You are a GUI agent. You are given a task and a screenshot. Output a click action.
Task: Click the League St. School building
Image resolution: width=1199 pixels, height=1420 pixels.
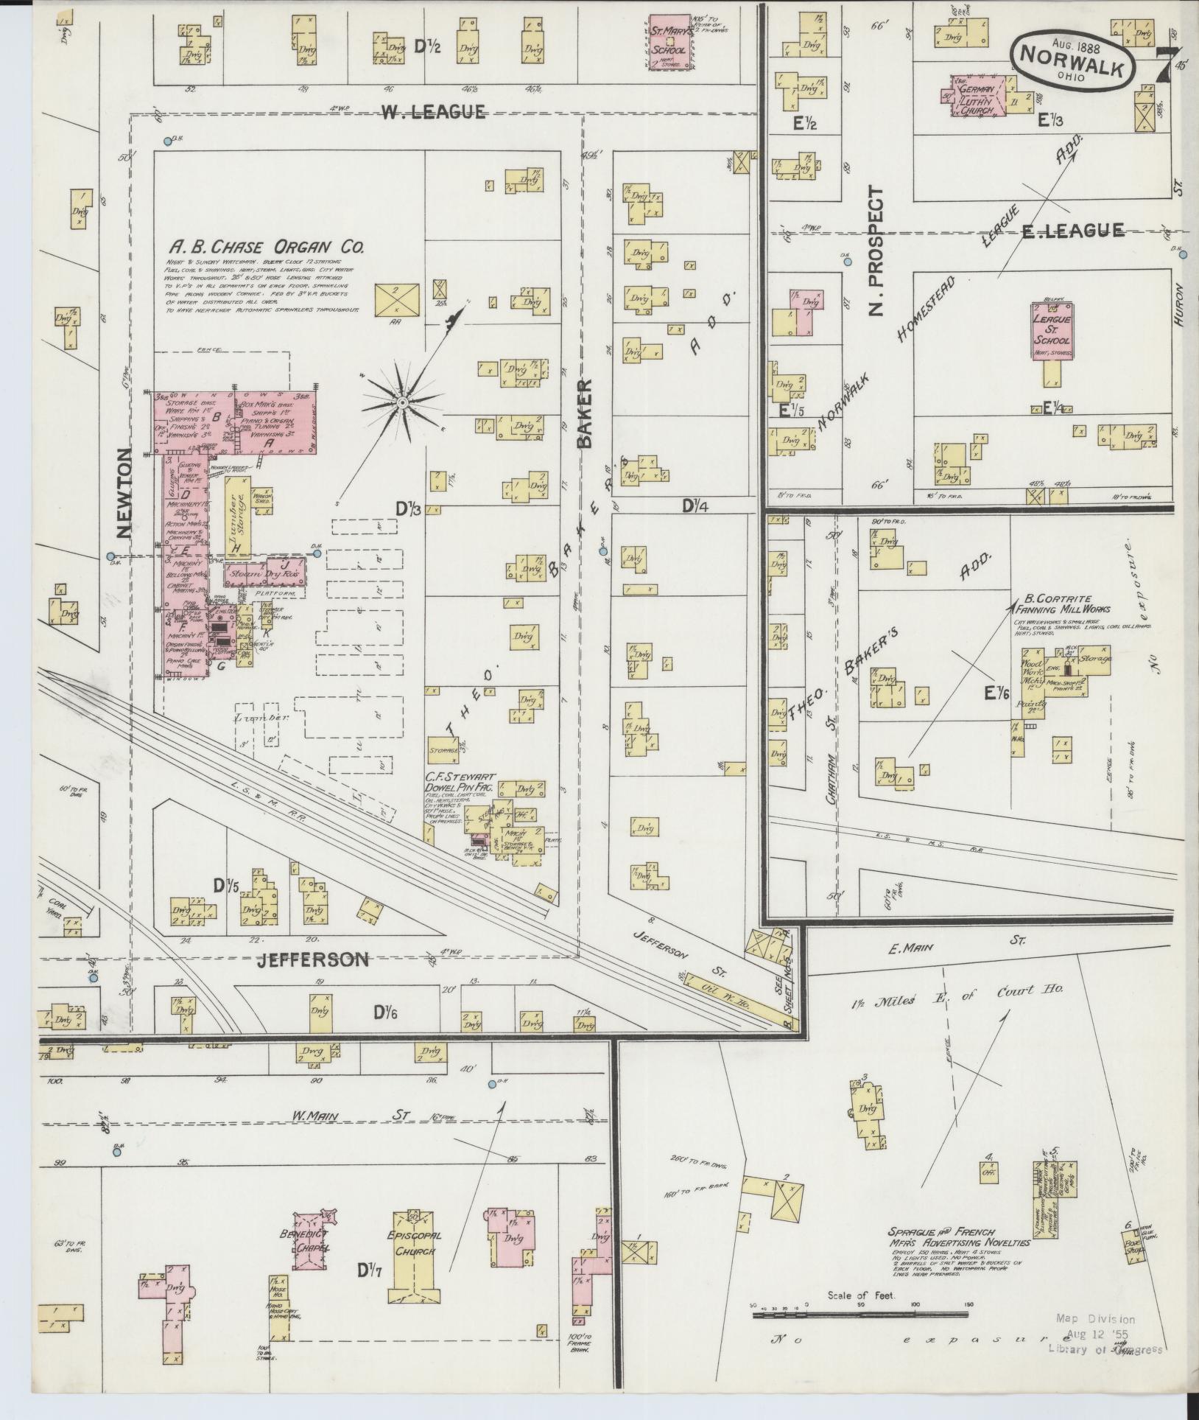(x=1051, y=331)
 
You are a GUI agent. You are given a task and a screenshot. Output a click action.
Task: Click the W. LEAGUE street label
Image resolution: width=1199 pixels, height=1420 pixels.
(x=433, y=112)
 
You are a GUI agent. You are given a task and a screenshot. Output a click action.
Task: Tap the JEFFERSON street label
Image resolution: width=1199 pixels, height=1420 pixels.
(x=312, y=960)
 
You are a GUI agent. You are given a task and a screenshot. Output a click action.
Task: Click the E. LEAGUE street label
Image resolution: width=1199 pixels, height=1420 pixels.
(x=1072, y=230)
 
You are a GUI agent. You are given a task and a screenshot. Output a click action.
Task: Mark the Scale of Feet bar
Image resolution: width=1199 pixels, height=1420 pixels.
(x=859, y=1314)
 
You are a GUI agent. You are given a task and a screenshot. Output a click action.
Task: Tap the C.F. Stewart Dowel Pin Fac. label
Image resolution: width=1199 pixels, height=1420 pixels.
(x=460, y=783)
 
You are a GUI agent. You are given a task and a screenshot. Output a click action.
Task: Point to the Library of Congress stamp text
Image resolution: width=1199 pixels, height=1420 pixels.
(x=1105, y=1349)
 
